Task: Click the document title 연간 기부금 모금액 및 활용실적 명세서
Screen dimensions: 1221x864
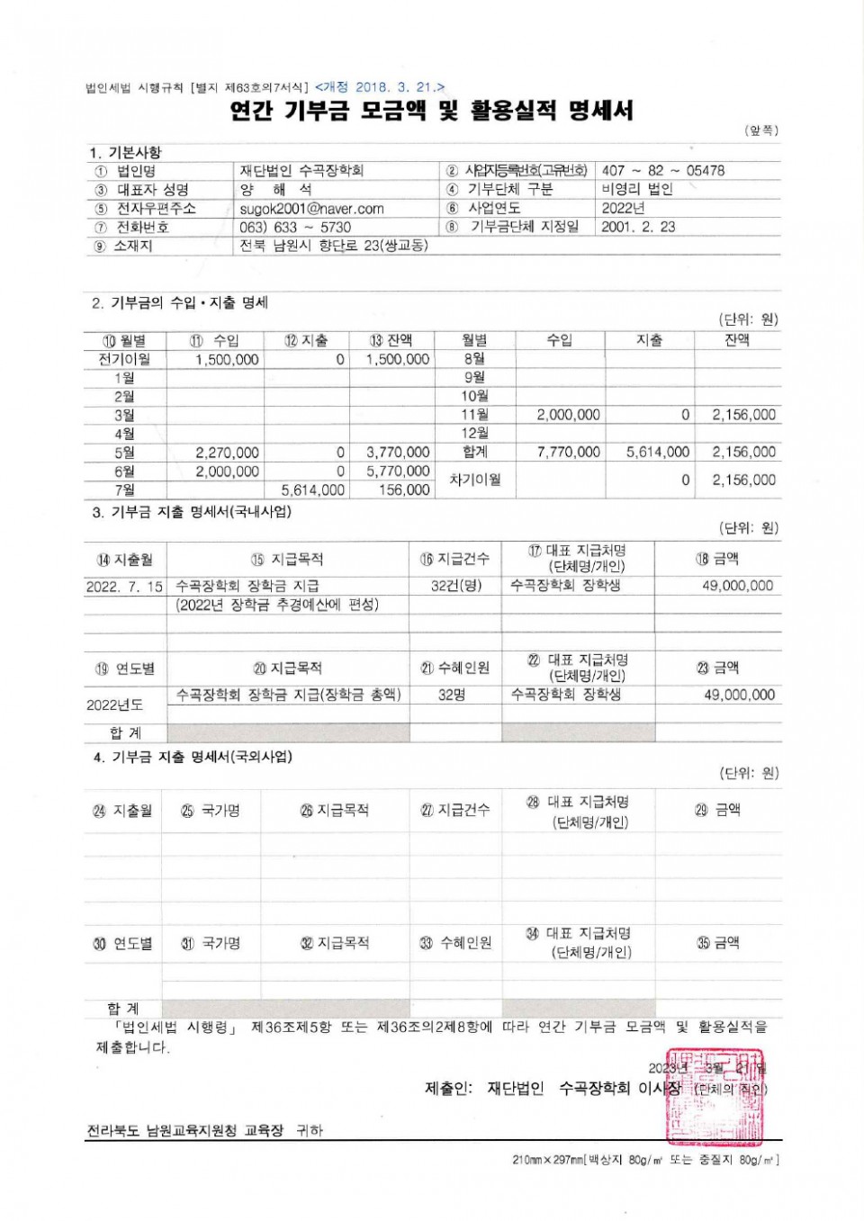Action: (432, 111)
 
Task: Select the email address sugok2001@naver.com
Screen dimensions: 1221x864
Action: (311, 209)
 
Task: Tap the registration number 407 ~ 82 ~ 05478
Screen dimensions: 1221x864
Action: (662, 170)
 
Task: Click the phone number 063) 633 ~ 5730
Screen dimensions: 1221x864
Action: (295, 228)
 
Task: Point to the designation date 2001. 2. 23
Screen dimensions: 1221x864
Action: (638, 227)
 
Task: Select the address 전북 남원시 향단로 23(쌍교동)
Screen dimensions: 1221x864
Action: (334, 246)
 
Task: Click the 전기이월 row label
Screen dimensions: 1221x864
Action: (124, 359)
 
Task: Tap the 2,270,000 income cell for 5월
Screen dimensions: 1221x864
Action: (227, 453)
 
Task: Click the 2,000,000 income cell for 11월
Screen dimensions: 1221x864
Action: (568, 415)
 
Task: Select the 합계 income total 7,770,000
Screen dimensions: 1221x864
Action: (568, 452)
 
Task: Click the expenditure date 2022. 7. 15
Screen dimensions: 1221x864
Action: (124, 587)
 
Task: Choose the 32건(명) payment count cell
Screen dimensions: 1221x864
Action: (456, 586)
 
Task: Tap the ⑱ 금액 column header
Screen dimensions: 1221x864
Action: (717, 559)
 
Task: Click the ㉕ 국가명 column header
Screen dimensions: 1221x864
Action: (211, 811)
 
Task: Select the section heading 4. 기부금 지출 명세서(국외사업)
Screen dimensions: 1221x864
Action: (193, 758)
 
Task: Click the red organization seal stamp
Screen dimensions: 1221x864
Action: (715, 1096)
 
